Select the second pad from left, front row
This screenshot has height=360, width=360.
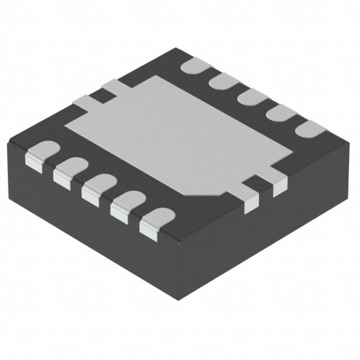tap(69, 170)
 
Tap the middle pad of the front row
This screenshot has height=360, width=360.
tap(98, 186)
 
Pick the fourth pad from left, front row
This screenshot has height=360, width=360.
tap(127, 203)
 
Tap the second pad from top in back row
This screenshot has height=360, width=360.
tap(223, 80)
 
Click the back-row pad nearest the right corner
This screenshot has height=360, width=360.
tap(308, 129)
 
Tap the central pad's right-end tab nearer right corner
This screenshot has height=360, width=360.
tap(278, 183)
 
